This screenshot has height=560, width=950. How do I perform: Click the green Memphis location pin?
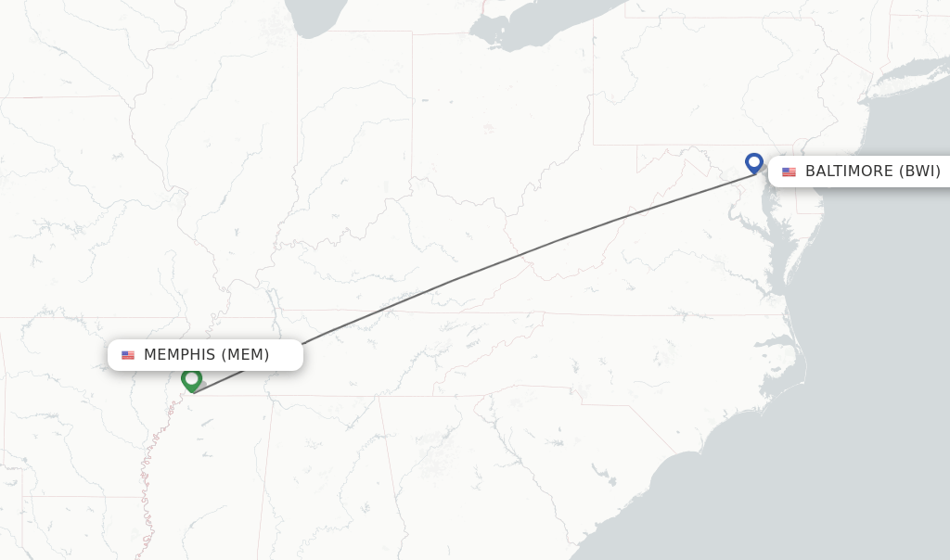[x=191, y=379]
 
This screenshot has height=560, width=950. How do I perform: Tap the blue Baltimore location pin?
[x=753, y=163]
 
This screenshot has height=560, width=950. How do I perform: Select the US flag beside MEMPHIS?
[x=128, y=355]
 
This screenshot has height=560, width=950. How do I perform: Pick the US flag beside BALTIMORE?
[x=789, y=172]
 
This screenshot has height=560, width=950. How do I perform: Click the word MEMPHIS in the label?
[x=180, y=355]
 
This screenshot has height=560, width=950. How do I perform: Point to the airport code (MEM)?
[x=245, y=355]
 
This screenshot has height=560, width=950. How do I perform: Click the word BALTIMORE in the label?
[x=849, y=172]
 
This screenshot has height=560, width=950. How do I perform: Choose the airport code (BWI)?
[x=919, y=172]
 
